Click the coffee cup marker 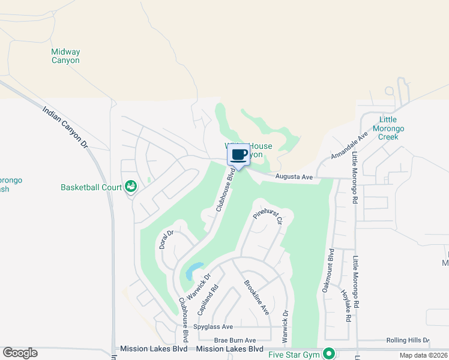click(x=238, y=155)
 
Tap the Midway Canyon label click(x=65, y=56)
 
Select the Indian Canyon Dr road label click(x=65, y=127)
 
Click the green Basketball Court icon click(x=129, y=187)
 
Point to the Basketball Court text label click(x=91, y=187)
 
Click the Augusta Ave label click(x=294, y=177)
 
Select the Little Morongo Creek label click(x=388, y=128)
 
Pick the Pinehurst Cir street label click(x=268, y=217)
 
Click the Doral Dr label click(x=166, y=239)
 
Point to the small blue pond click(x=193, y=271)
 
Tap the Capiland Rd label click(x=208, y=299)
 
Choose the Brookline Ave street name click(x=256, y=298)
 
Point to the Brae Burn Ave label click(x=235, y=340)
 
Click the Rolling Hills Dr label click(x=408, y=340)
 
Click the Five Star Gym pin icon click(x=328, y=353)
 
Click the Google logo click(x=20, y=353)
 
